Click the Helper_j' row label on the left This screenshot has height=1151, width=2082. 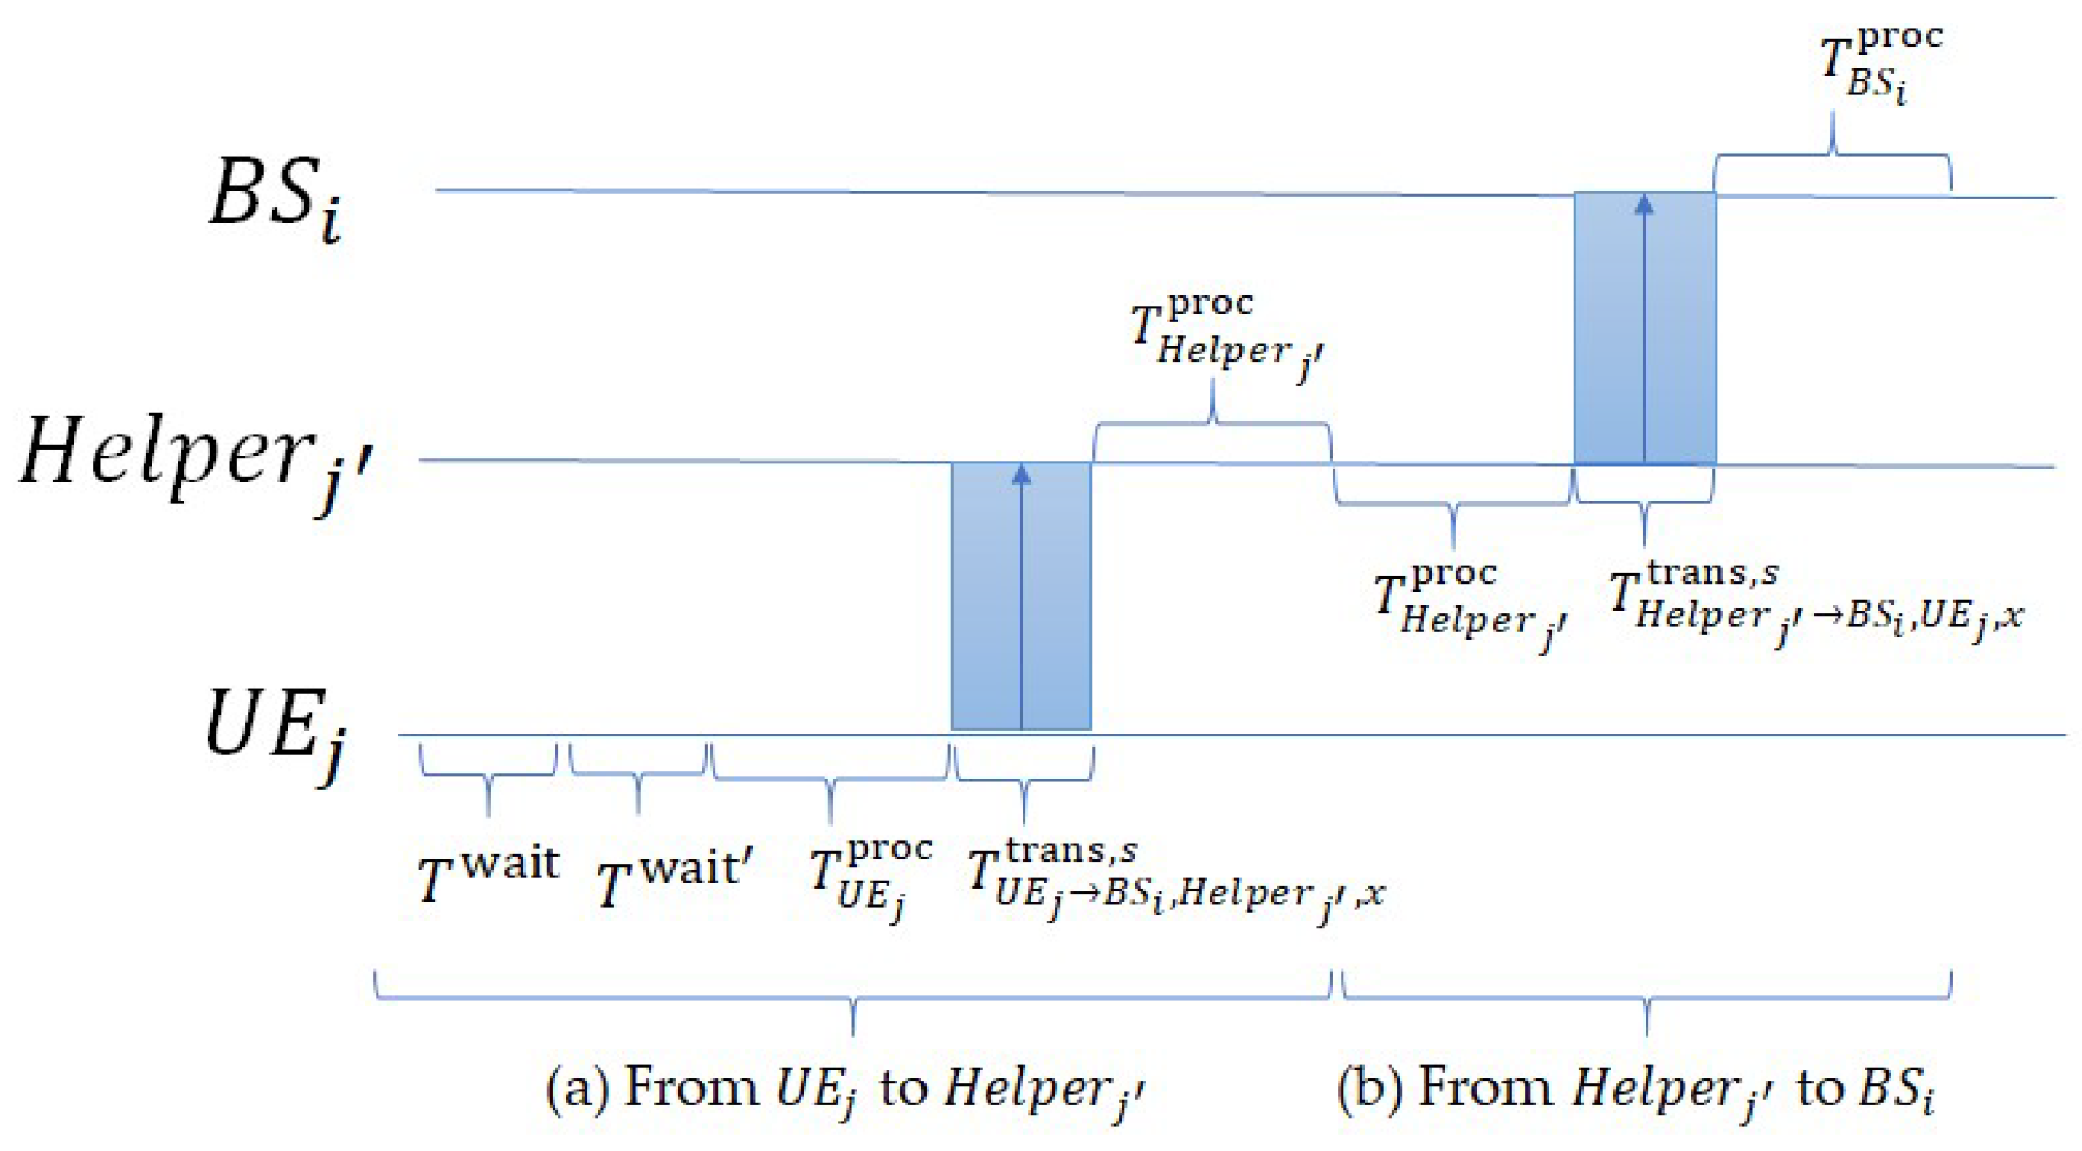pos(196,459)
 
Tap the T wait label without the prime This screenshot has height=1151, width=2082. pos(488,875)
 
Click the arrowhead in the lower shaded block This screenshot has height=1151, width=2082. pos(1021,475)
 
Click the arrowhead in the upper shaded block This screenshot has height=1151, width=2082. pos(1644,204)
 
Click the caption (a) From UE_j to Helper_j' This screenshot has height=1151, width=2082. pos(844,1090)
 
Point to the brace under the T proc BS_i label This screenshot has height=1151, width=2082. pos(1833,156)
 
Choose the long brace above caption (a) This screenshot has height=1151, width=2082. pos(853,998)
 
